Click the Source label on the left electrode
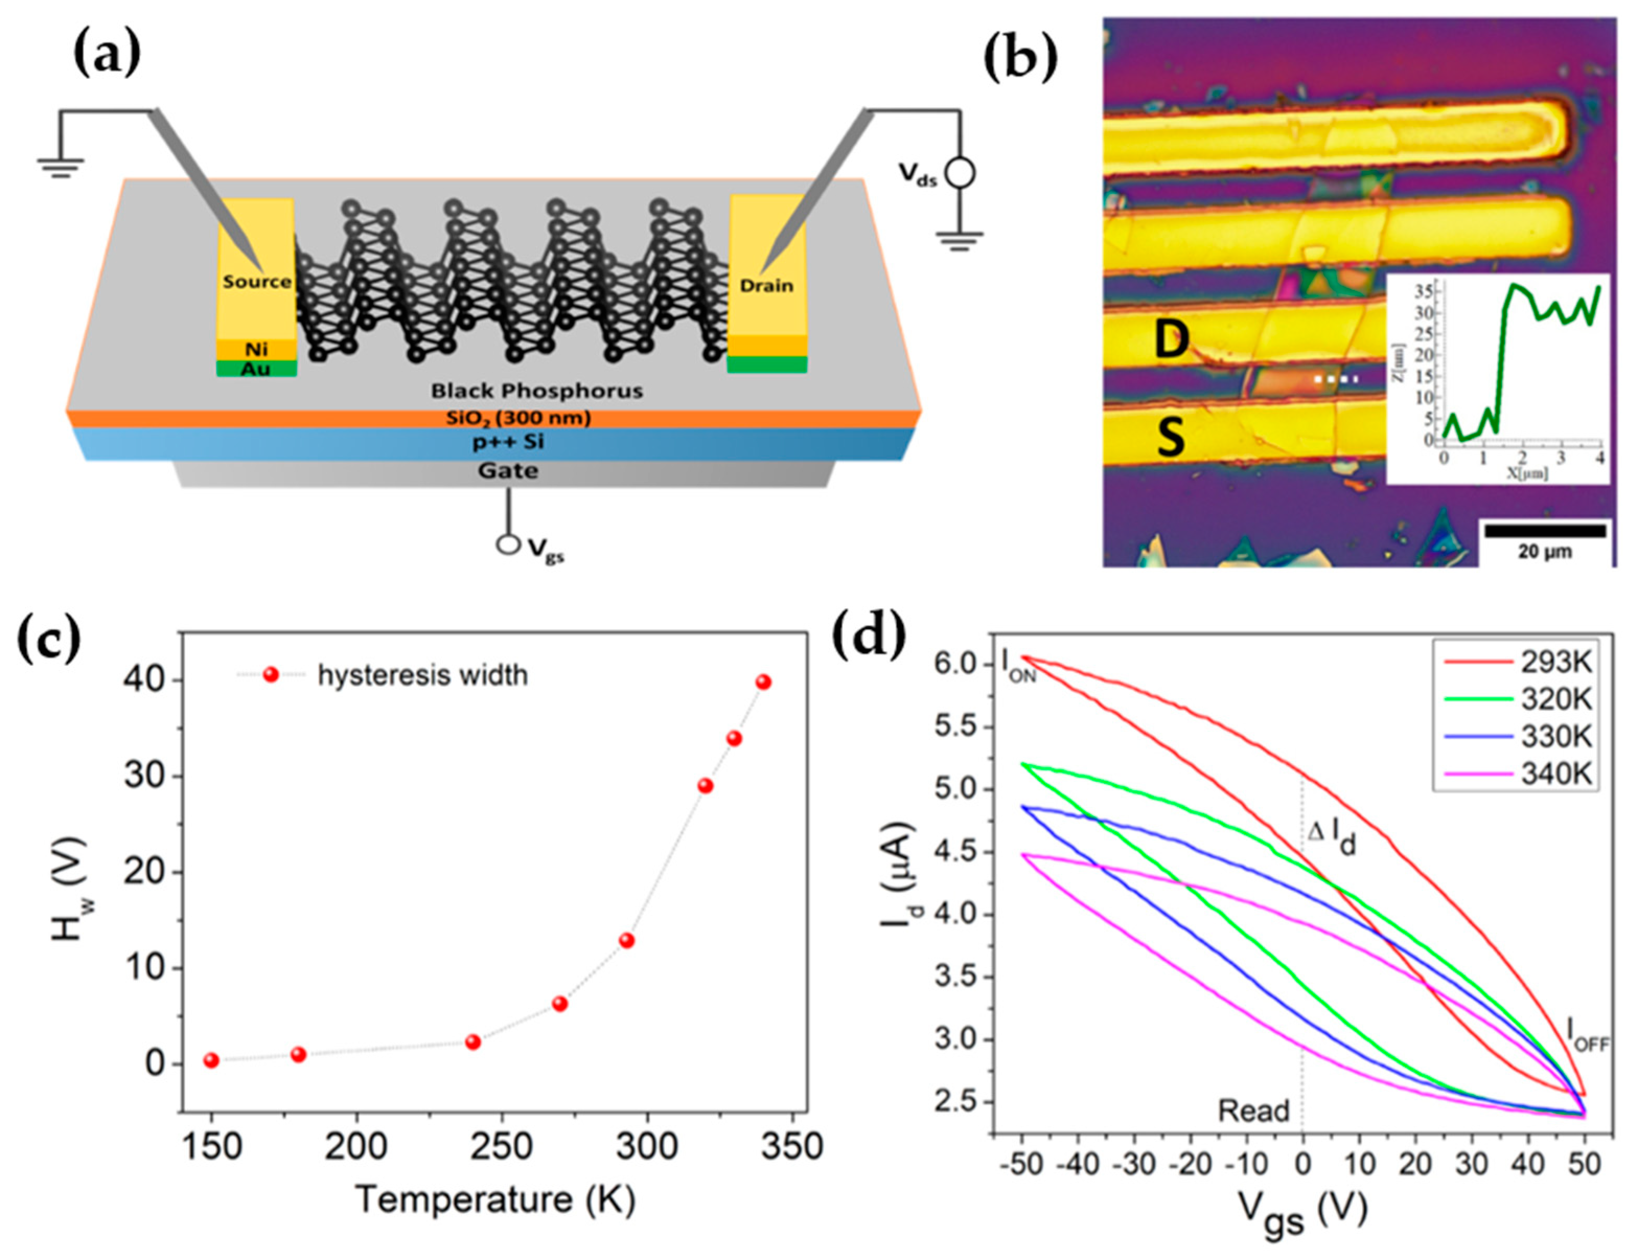tap(256, 282)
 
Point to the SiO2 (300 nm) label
tap(518, 418)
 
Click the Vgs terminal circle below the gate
tap(508, 545)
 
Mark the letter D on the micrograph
tap(1171, 340)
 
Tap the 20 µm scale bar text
tap(1544, 552)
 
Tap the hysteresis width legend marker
tap(271, 675)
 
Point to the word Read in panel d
tap(1253, 1111)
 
